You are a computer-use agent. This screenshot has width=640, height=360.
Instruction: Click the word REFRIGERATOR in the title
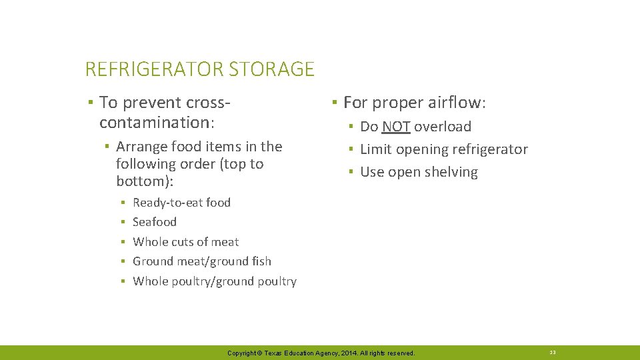(x=154, y=69)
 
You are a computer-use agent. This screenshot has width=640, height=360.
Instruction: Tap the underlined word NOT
(x=396, y=127)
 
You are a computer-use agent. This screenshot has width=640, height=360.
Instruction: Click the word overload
(x=443, y=127)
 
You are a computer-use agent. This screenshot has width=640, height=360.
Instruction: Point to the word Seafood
(x=155, y=222)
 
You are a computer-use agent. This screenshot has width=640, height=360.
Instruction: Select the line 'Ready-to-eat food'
(x=181, y=203)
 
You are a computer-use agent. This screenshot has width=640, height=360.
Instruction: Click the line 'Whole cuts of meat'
(x=185, y=242)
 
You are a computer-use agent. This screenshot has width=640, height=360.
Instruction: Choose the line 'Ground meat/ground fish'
(x=202, y=261)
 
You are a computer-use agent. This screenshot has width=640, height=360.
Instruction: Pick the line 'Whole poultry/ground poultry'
(x=215, y=281)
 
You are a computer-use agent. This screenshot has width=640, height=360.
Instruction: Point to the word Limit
(x=376, y=149)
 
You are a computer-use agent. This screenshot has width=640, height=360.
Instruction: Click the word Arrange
(x=141, y=147)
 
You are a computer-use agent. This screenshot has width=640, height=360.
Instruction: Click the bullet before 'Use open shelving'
(x=350, y=173)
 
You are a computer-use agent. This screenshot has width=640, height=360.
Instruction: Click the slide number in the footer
(x=553, y=352)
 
